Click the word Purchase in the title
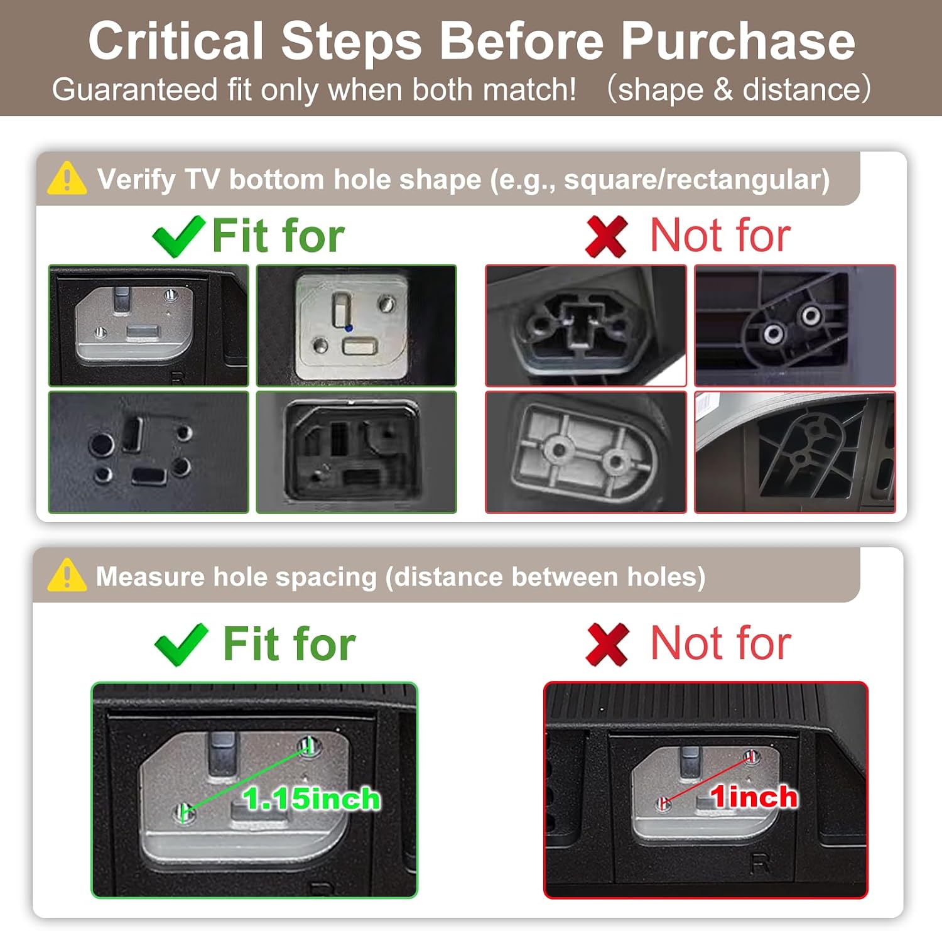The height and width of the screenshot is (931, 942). pos(738,41)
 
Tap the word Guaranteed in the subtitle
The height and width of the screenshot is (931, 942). pos(135,89)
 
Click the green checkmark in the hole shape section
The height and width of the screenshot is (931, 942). pos(178,236)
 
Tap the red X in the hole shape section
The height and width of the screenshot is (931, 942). pos(606,236)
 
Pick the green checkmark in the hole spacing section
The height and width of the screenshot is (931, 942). pos(181,645)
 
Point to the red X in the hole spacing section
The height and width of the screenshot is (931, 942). pos(607,645)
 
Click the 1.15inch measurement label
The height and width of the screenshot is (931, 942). pos(311,799)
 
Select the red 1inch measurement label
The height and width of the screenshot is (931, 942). pos(754,797)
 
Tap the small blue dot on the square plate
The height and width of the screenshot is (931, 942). pos(349,328)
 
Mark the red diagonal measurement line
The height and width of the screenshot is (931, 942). pos(707,779)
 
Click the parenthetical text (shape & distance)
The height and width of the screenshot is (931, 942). pos(739,89)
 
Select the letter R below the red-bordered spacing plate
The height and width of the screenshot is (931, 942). pos(761,864)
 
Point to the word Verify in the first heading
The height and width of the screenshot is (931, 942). pos(136,180)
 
